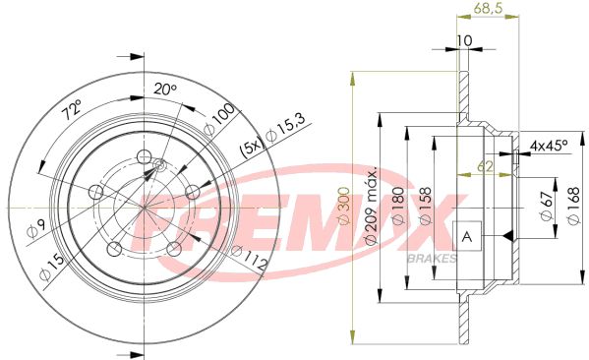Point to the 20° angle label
coord(165,90)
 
